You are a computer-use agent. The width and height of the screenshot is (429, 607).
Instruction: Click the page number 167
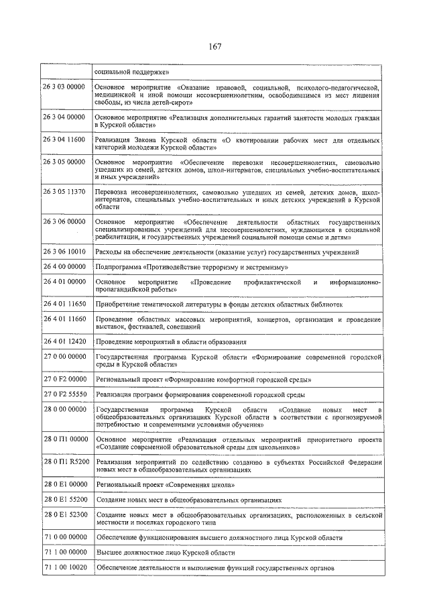pos(214,46)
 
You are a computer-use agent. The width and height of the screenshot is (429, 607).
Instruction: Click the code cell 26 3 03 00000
pos(64,88)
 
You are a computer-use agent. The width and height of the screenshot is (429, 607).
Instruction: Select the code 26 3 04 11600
pos(64,140)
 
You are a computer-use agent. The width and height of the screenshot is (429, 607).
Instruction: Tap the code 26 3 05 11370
pos(64,192)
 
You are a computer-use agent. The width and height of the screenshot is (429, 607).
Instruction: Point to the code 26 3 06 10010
pos(64,252)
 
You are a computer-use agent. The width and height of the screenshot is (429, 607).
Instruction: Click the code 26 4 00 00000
pos(64,267)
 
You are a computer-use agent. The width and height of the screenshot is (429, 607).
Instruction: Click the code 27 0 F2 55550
pos(64,394)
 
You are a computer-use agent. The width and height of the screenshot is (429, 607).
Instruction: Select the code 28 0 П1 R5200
pos(64,463)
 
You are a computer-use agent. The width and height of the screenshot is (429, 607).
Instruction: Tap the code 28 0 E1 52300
pos(64,515)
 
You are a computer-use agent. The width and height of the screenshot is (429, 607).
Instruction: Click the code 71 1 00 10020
pos(64,567)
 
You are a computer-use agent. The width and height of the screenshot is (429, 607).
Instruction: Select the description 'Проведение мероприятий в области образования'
pos(171,342)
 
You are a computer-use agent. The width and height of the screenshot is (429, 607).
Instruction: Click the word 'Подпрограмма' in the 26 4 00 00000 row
pos(119,267)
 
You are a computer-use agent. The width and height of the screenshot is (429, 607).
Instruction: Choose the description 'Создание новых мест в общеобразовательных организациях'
pos(188,500)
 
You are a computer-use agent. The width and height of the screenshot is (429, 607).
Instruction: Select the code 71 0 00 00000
pos(64,538)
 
